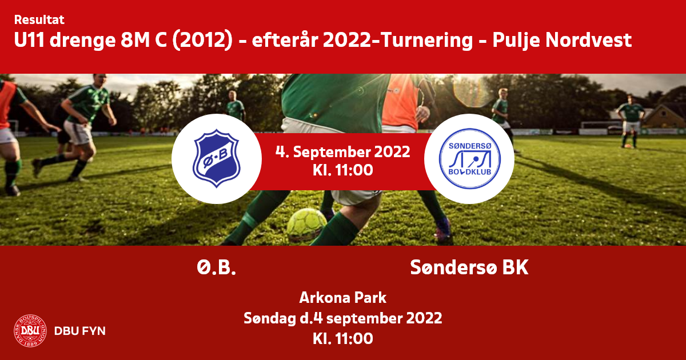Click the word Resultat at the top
[39, 20]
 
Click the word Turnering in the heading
[422, 41]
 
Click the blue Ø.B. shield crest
[216, 158]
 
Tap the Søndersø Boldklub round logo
[469, 159]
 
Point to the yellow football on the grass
[306, 225]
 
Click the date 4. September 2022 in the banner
[342, 152]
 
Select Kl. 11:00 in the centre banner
[342, 170]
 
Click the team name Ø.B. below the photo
[216, 267]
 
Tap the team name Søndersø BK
[469, 267]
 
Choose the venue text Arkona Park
[342, 298]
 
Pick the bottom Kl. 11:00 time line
[342, 338]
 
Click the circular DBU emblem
[30, 331]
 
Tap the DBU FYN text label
[80, 331]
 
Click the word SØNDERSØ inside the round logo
[470, 146]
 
